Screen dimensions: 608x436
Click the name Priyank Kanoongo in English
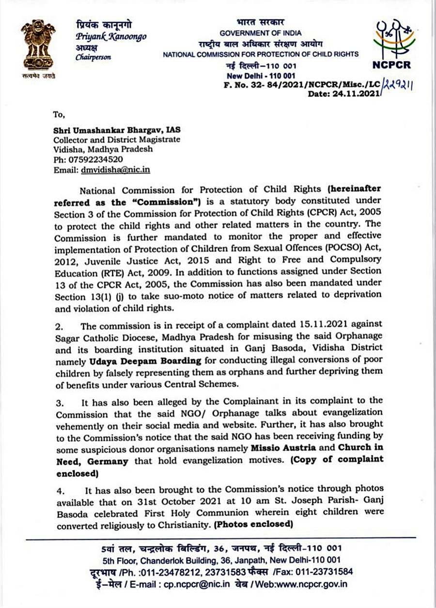click(110, 37)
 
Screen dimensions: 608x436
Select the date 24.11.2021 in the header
click(356, 94)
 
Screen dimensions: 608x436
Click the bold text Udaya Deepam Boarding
click(145, 361)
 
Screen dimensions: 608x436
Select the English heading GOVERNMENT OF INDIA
click(260, 33)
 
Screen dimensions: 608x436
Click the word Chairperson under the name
click(93, 57)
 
